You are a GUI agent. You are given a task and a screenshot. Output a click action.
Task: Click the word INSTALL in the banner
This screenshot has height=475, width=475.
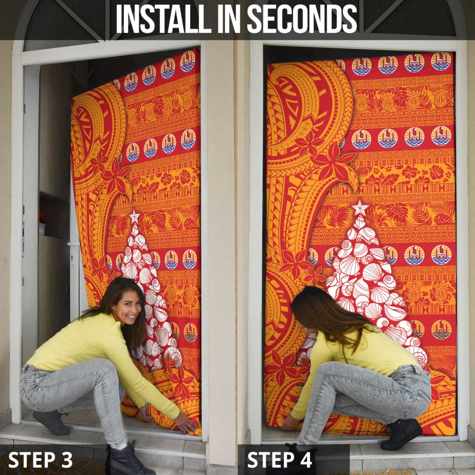tap(163, 19)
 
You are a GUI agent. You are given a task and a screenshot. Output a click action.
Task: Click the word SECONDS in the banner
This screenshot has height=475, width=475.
tap(302, 19)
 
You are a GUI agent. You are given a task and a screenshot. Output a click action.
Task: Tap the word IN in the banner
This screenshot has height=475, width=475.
tap(229, 19)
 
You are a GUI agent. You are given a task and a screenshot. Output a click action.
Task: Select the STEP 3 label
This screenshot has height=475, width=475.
tap(40, 460)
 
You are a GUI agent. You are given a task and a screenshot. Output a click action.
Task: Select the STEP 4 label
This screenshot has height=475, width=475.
tap(280, 460)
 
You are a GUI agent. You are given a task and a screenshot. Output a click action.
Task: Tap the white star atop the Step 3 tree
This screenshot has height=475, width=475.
tap(134, 216)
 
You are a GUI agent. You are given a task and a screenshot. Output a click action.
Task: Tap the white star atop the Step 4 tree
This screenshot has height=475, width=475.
tap(360, 207)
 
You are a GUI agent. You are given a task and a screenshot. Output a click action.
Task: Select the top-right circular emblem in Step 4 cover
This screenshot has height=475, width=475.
tap(441, 61)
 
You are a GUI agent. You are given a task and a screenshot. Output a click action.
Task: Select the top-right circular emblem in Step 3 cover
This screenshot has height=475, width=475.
tap(187, 61)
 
